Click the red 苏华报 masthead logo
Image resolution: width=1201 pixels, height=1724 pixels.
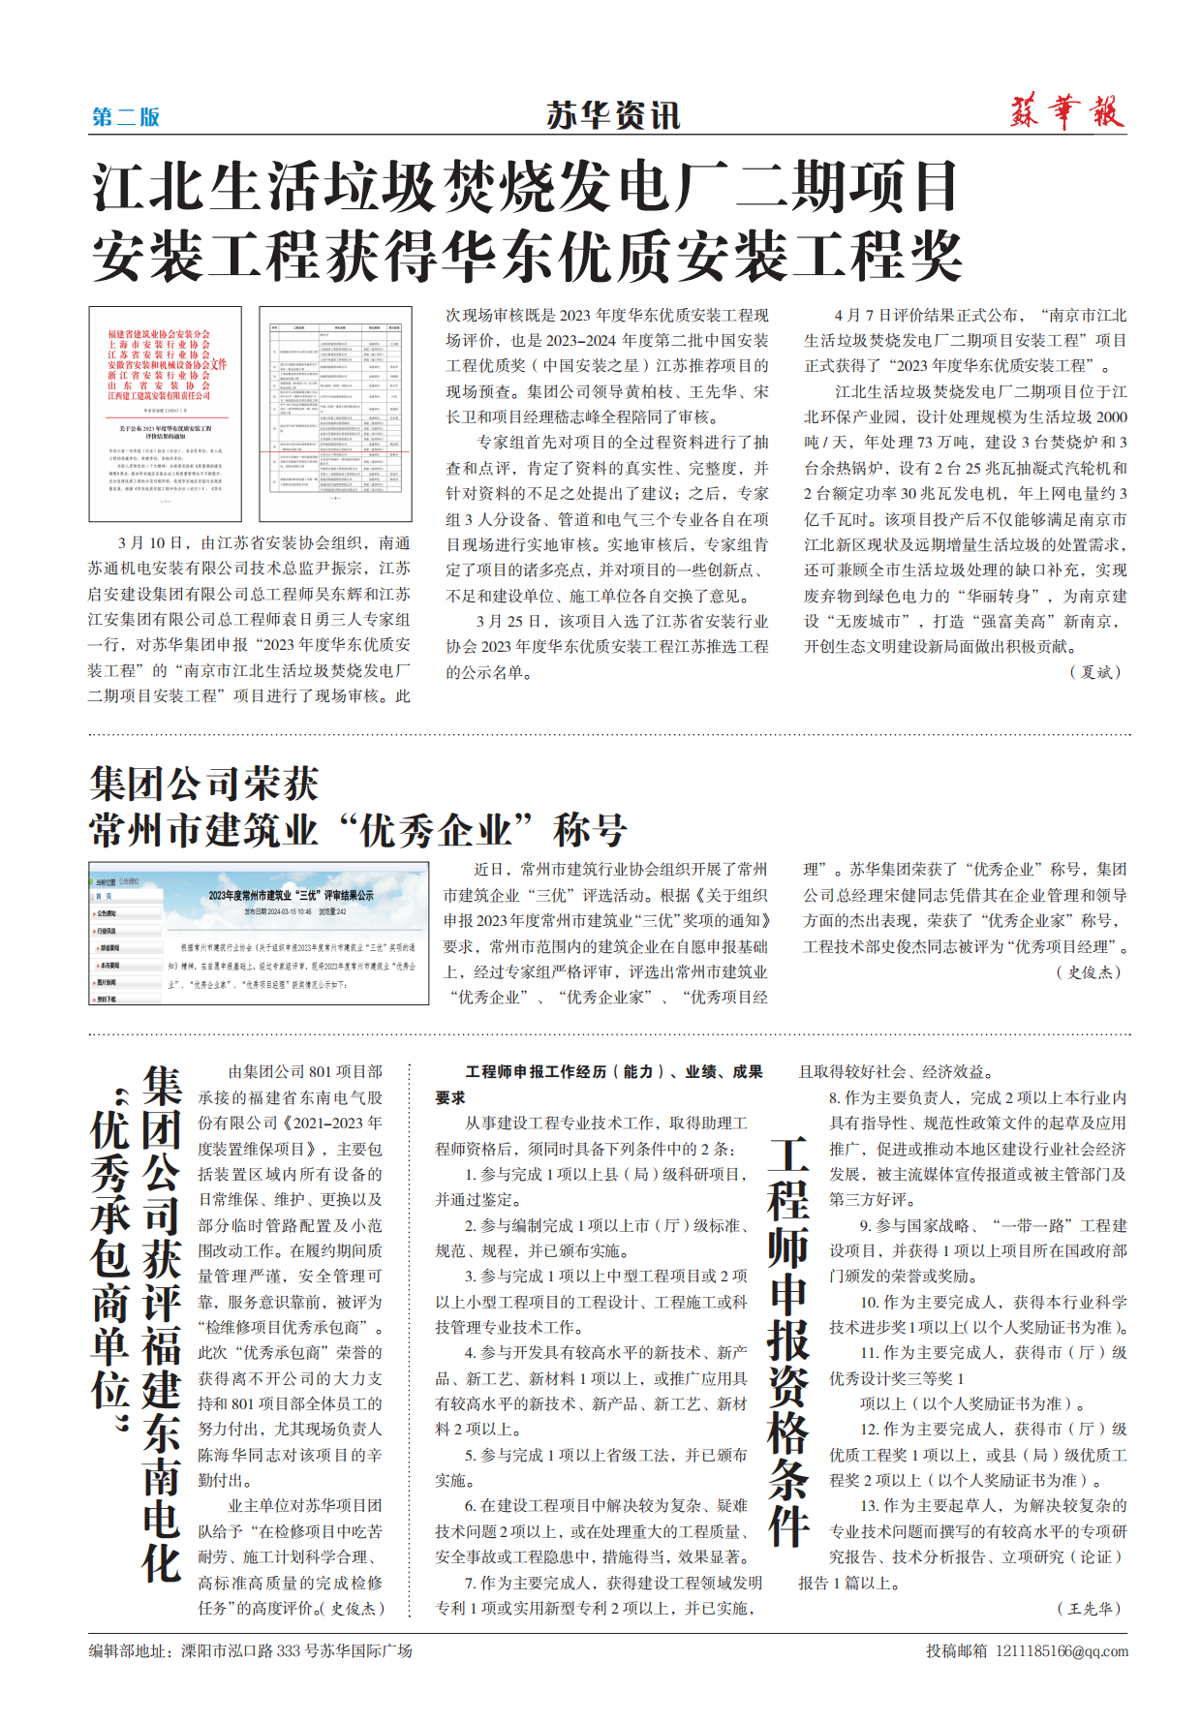(x=1066, y=112)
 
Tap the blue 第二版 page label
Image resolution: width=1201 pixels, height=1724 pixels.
(x=126, y=117)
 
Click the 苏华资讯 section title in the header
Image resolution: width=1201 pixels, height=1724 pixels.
(x=613, y=116)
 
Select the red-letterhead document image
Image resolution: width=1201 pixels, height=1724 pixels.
(x=165, y=415)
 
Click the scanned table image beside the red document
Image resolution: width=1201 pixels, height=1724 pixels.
(x=335, y=415)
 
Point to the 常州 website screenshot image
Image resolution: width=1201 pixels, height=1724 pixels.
(x=259, y=933)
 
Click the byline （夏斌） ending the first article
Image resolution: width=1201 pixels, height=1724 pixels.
(x=1096, y=672)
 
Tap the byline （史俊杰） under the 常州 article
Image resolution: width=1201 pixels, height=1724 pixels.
(x=1091, y=971)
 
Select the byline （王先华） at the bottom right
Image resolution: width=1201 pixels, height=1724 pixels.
(x=1091, y=1608)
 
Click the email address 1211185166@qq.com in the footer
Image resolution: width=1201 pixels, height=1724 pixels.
(x=1062, y=1650)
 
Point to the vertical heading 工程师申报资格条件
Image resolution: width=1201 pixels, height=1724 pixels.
(x=788, y=1341)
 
